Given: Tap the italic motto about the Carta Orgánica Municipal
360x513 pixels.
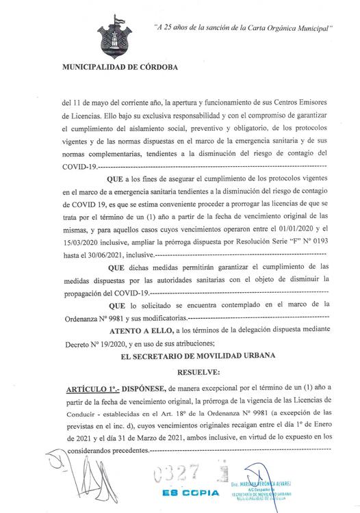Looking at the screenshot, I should pyautogui.click(x=242, y=28).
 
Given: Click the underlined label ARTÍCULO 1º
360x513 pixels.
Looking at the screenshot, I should pyautogui.click(x=88, y=387).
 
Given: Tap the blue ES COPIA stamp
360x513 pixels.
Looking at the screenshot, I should pyautogui.click(x=191, y=492).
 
